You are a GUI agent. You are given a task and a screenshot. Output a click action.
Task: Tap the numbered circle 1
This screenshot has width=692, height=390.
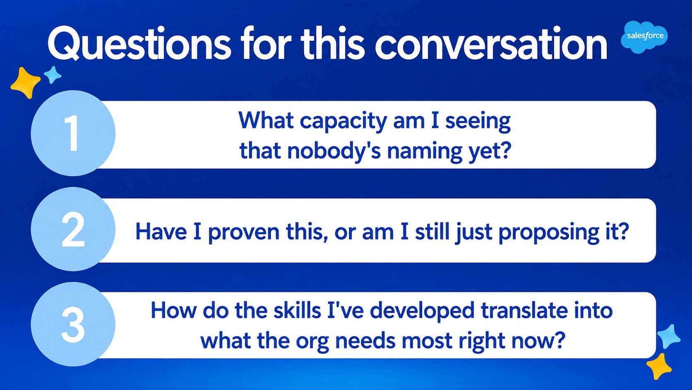click(73, 133)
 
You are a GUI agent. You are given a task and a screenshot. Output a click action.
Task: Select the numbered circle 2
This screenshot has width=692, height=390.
click(73, 229)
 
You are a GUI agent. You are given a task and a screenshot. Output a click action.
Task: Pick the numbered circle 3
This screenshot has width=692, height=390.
click(73, 325)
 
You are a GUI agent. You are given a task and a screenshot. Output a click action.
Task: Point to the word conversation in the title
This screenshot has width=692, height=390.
click(491, 44)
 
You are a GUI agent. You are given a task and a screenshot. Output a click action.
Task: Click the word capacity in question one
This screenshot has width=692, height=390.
click(343, 121)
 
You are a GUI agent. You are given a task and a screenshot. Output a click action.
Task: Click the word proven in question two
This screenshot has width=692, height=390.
click(244, 232)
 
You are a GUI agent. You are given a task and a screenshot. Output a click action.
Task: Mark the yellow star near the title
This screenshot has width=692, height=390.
click(25, 83)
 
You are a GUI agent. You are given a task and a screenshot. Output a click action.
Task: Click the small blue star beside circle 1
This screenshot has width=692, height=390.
click(53, 75)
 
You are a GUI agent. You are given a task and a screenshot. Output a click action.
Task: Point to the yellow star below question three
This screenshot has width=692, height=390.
click(659, 366)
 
